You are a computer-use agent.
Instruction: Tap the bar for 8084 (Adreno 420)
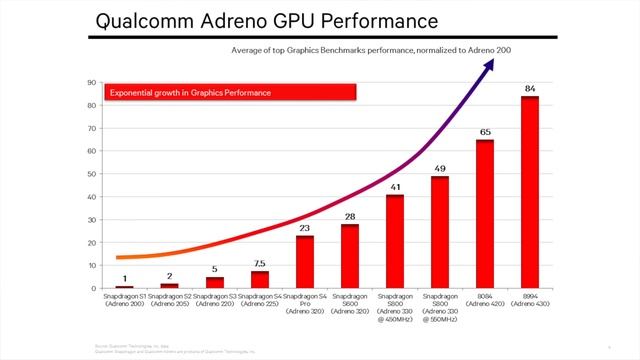485,214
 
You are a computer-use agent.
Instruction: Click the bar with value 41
395,241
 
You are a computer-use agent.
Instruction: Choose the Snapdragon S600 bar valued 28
350,256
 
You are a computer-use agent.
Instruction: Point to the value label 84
530,89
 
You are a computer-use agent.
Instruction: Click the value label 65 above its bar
485,132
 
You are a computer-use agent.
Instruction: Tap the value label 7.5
259,264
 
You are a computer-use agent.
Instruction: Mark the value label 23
305,228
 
